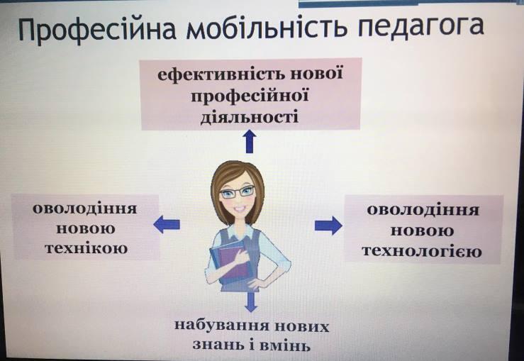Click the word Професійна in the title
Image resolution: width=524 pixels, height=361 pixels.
pyautogui.click(x=97, y=29)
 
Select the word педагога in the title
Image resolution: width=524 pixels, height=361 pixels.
pyautogui.click(x=420, y=28)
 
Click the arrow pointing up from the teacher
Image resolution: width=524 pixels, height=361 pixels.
pyautogui.click(x=250, y=142)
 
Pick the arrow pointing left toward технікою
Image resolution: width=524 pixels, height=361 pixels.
pyautogui.click(x=167, y=224)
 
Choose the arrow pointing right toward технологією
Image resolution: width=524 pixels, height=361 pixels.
pyautogui.click(x=328, y=225)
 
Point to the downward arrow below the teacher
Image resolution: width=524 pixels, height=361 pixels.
pyautogui.click(x=250, y=301)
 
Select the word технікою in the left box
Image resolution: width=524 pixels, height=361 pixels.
pyautogui.click(x=87, y=248)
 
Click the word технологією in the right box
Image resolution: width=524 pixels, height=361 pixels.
pyautogui.click(x=422, y=250)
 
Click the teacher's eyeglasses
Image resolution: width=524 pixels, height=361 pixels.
pyautogui.click(x=237, y=192)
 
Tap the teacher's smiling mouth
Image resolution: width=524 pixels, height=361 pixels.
pyautogui.click(x=240, y=209)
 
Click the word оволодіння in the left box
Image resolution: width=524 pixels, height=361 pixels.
pyautogui.click(x=85, y=209)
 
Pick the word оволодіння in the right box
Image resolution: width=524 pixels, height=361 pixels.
pyautogui.click(x=423, y=211)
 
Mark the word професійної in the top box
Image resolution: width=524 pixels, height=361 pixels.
pyautogui.click(x=250, y=96)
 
